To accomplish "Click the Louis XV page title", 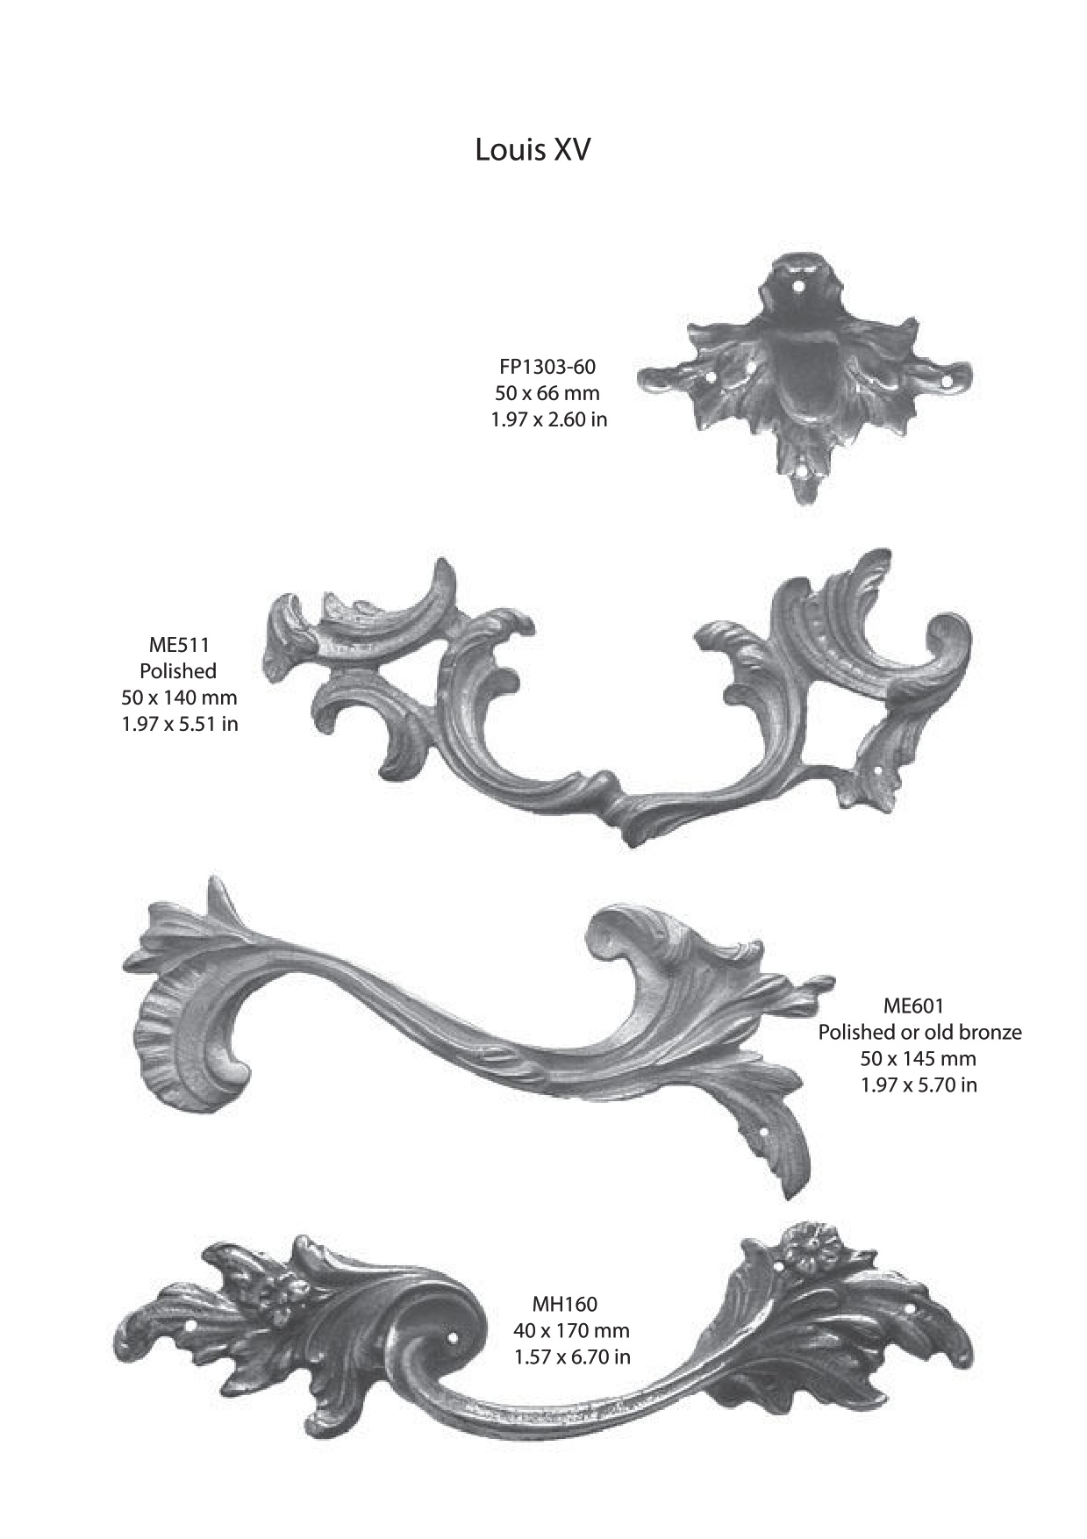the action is [533, 150].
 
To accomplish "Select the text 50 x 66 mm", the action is [547, 392].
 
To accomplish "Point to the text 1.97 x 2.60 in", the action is [548, 419].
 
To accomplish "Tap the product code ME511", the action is [179, 645].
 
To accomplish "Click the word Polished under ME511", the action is [178, 671].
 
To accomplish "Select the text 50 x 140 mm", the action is [179, 698].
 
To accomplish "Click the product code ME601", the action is [913, 1006].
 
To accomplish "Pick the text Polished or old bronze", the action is [919, 1032].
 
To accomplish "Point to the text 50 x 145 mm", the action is [918, 1058].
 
